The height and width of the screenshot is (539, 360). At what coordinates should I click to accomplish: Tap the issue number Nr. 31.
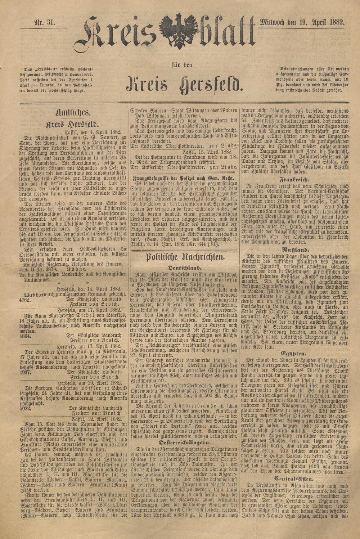click(x=44, y=22)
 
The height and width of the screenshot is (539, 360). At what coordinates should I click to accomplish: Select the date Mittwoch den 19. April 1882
click(x=302, y=22)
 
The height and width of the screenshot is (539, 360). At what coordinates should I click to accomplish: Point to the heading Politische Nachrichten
click(x=185, y=257)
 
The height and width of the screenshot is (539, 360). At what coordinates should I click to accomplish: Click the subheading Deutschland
click(x=185, y=268)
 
